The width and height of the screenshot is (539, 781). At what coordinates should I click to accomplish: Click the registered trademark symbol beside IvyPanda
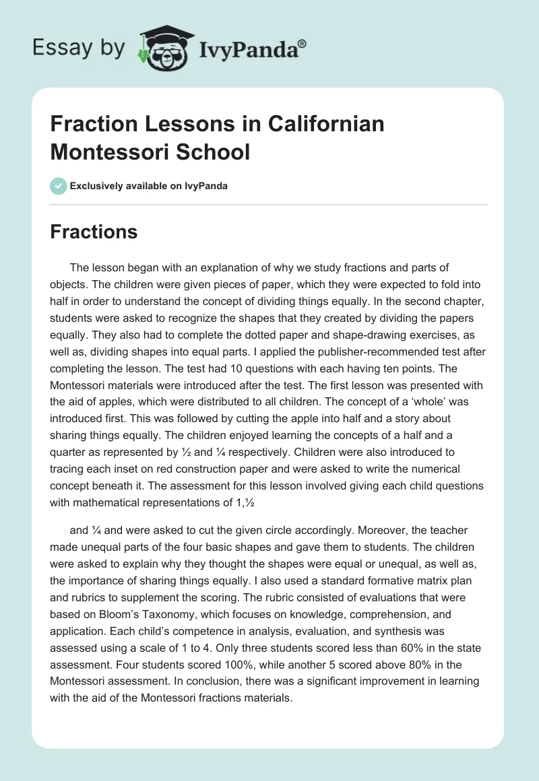tap(303, 43)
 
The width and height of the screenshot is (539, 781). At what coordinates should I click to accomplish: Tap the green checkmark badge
tap(58, 186)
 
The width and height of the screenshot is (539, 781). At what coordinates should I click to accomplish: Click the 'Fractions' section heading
tap(94, 232)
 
